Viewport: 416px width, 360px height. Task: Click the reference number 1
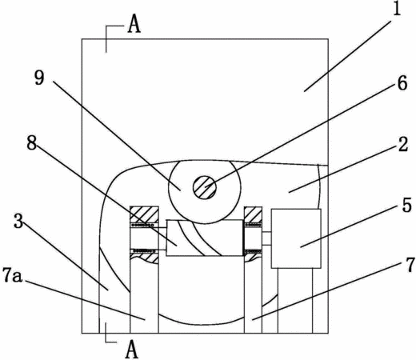pyautogui.click(x=397, y=9)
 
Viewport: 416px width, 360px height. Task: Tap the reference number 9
pyautogui.click(x=39, y=78)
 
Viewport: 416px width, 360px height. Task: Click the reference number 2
pyautogui.click(x=403, y=144)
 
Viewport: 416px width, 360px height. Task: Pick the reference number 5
pyautogui.click(x=406, y=206)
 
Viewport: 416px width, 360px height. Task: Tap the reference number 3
pyautogui.click(x=18, y=221)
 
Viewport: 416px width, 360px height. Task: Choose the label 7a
pyautogui.click(x=12, y=275)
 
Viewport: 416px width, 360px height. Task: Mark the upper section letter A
pyautogui.click(x=134, y=26)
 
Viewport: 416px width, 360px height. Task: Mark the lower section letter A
pyautogui.click(x=132, y=350)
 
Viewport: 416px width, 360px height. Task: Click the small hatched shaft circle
pyautogui.click(x=205, y=187)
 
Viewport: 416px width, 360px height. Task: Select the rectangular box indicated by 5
pyautogui.click(x=296, y=238)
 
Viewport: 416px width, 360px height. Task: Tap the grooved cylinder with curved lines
pyautogui.click(x=205, y=238)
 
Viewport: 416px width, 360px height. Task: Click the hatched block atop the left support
pyautogui.click(x=144, y=214)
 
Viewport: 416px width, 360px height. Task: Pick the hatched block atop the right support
pyautogui.click(x=253, y=214)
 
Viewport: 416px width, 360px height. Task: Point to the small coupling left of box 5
pyautogui.click(x=266, y=238)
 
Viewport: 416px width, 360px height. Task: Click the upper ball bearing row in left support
pyautogui.click(x=143, y=226)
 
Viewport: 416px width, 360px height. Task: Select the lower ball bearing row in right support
pyautogui.click(x=253, y=251)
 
